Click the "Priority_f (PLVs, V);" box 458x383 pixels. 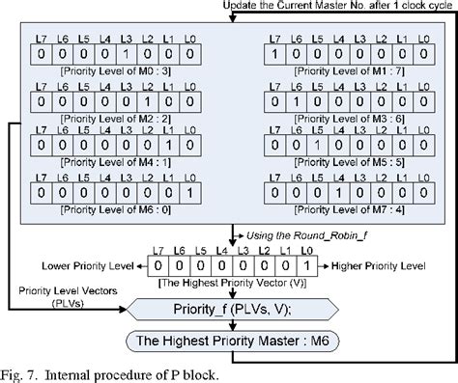pyautogui.click(x=233, y=310)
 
